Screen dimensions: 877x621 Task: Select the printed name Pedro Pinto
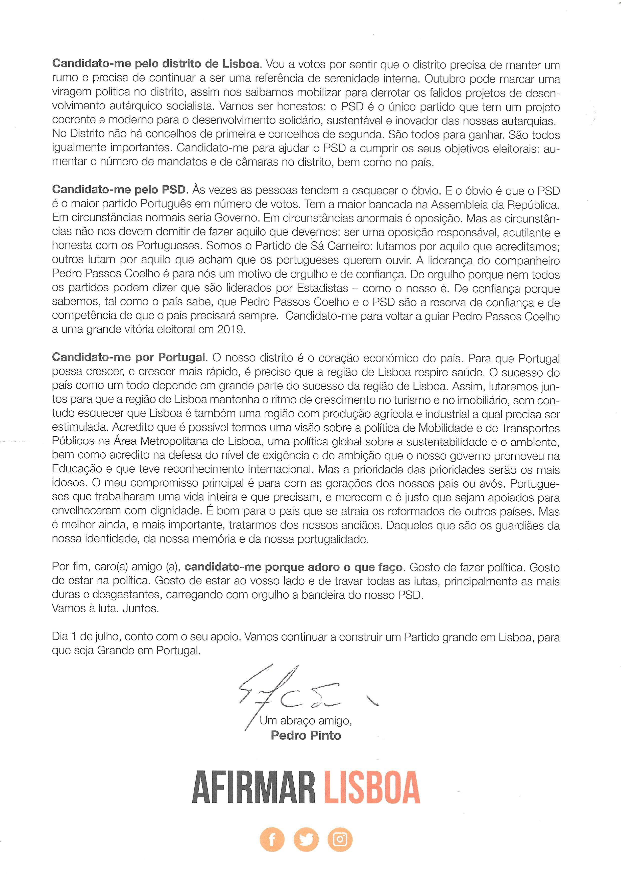(x=306, y=735)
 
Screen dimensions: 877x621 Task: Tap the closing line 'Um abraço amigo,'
(x=306, y=720)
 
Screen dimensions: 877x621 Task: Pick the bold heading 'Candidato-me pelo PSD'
(x=119, y=190)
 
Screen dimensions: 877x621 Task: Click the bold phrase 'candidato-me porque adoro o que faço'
(x=293, y=567)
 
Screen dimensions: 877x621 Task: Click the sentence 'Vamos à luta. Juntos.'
(x=105, y=608)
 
